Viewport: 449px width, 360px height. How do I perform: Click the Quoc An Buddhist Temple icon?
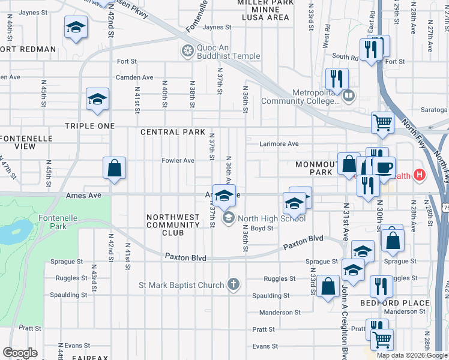click(x=188, y=50)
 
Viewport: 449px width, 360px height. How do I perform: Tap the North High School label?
click(x=271, y=218)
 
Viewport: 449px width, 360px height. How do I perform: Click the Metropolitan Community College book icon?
click(x=349, y=94)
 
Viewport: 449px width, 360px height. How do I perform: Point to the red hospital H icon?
click(x=420, y=176)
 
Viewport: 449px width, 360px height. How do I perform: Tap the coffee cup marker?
click(x=384, y=166)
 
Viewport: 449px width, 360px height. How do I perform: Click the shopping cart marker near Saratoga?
click(x=382, y=123)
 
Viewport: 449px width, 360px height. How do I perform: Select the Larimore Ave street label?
click(x=279, y=144)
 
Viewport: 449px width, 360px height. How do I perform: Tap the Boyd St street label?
click(x=262, y=228)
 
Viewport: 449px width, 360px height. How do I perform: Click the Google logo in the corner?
click(x=20, y=353)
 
